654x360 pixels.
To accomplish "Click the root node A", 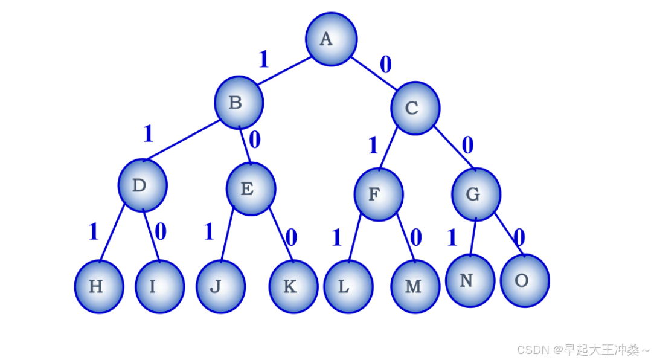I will point(331,39).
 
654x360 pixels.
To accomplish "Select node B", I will point(239,103).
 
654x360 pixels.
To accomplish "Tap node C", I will point(415,108).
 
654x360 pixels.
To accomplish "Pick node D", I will point(143,185).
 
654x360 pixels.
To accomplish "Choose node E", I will point(251,189).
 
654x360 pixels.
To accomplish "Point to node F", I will point(378,194).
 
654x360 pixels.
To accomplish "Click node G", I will point(476,194).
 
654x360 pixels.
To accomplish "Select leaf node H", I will point(99,287).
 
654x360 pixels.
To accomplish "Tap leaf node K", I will point(293,286).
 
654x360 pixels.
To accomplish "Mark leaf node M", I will point(415,286).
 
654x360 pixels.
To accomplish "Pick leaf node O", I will point(525,281).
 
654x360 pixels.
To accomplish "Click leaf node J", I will point(220,286).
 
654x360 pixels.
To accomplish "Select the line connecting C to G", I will point(454,147).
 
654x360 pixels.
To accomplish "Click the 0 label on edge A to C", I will point(385,64).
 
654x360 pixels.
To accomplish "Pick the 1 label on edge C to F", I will point(373,146).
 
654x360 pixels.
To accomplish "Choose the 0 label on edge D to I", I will point(160,231).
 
